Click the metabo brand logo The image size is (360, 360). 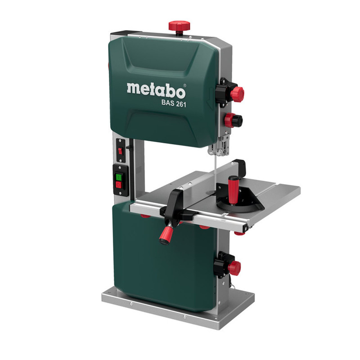coord(156,90)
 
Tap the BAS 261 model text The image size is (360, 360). coord(174,103)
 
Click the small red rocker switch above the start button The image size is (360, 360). coord(120,151)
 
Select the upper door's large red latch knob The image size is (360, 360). coord(237,94)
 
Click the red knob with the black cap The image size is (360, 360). coord(234,120)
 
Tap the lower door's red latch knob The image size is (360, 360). coord(234,267)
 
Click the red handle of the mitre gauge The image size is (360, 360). coord(233,189)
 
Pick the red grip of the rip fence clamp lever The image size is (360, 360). coord(166,235)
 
